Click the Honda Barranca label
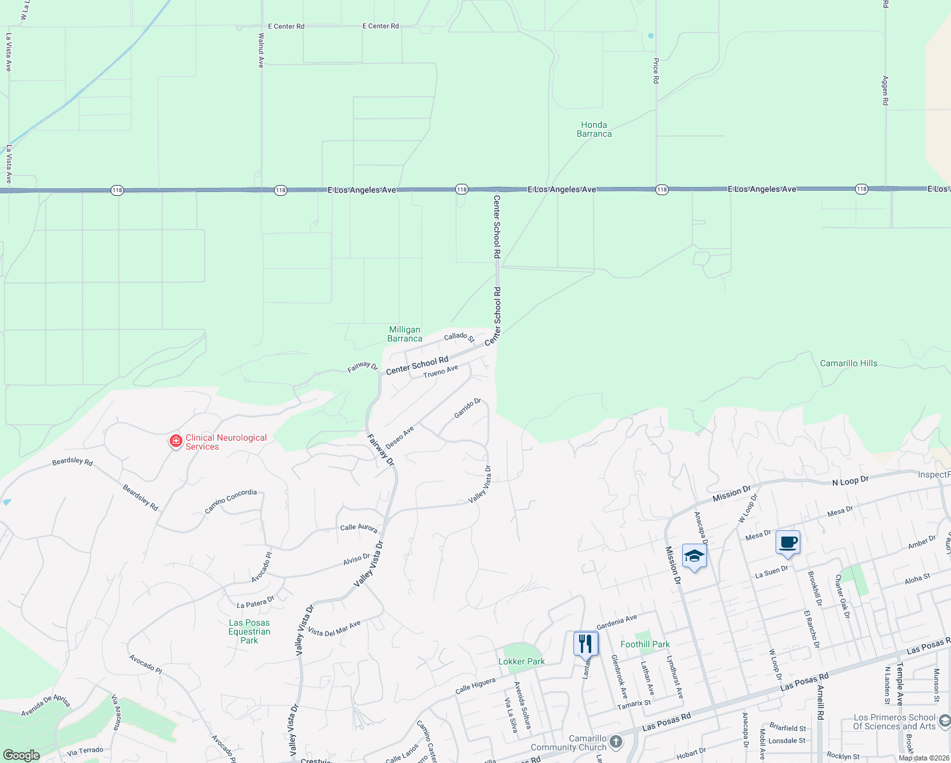594,130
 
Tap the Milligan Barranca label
405,334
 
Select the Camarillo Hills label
848,364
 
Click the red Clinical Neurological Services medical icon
175,441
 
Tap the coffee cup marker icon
788,543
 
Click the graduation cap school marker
694,556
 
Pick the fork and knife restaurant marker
585,643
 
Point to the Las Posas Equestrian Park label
249,631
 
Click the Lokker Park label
521,661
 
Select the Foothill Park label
645,644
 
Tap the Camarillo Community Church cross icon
615,741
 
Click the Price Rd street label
655,71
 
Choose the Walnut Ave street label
261,51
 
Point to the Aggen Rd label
885,90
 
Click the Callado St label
459,337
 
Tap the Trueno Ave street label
441,371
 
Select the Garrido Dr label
467,408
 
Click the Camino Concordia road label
231,501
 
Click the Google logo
21,755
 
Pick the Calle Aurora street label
359,528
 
